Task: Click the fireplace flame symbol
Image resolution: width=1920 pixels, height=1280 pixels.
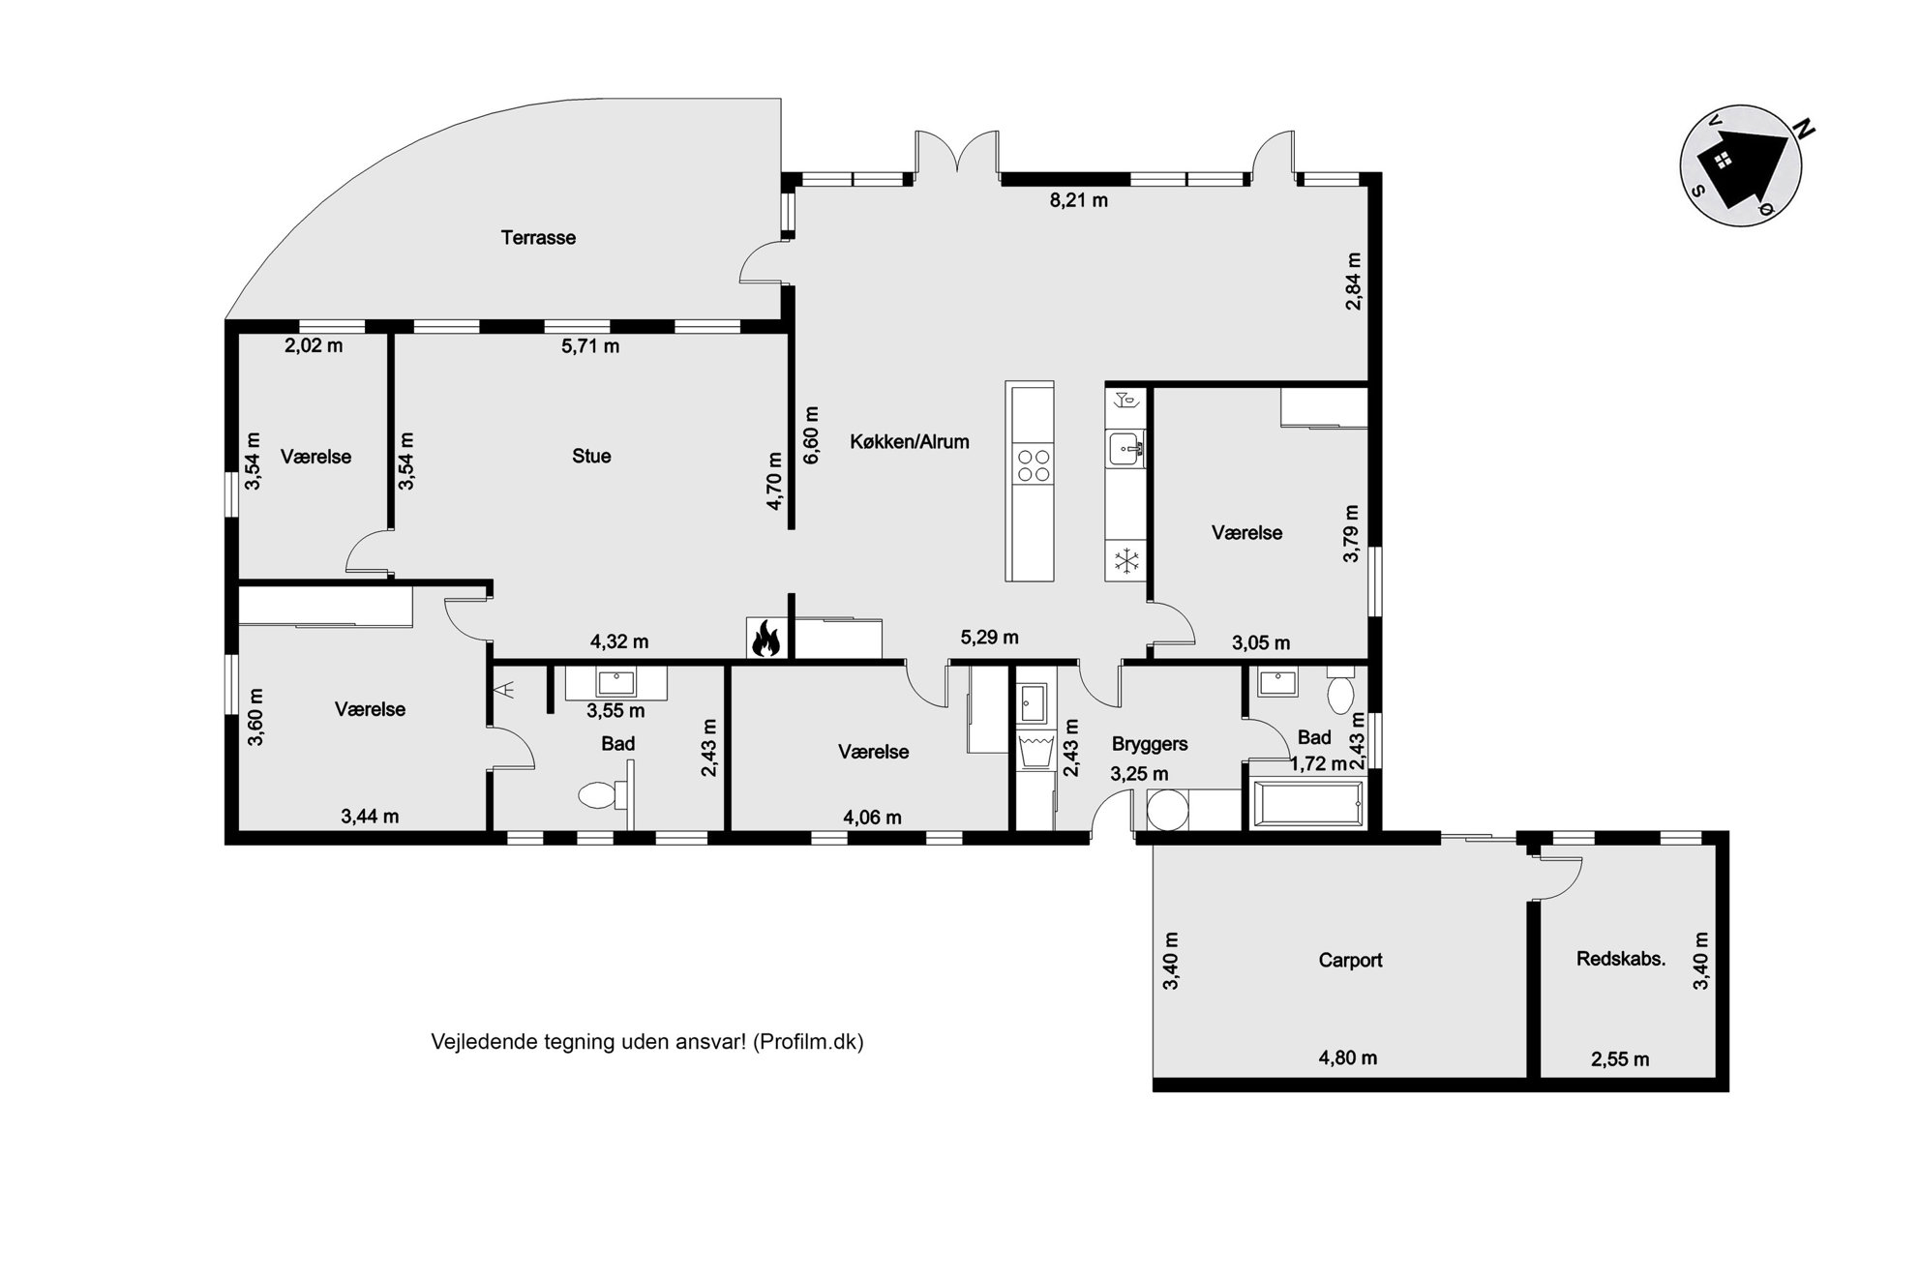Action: (x=765, y=639)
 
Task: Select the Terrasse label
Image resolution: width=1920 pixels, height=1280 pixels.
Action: (x=538, y=237)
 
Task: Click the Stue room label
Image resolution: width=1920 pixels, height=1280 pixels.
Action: (x=591, y=456)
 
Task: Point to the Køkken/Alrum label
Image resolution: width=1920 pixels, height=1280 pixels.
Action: (x=910, y=441)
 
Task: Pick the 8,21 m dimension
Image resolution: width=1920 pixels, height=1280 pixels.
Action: (x=1079, y=200)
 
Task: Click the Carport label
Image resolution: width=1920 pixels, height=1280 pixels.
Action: (x=1350, y=960)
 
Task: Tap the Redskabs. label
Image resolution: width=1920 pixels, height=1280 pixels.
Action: (x=1621, y=959)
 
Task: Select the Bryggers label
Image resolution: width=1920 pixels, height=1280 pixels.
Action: (x=1150, y=744)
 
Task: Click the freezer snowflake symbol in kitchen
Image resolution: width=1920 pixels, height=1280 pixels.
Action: (x=1125, y=560)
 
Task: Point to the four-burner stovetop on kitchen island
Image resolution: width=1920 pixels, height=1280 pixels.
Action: (x=1030, y=464)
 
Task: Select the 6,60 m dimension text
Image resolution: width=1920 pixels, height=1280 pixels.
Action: (x=811, y=434)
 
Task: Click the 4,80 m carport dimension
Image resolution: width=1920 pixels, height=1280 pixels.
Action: (x=1348, y=1057)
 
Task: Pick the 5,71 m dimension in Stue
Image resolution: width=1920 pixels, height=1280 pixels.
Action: (x=590, y=345)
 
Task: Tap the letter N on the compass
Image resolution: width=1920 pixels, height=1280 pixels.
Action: (x=1805, y=129)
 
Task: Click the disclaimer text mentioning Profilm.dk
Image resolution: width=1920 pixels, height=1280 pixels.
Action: (x=646, y=1042)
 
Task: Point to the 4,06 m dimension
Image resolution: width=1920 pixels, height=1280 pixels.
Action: (x=872, y=818)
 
